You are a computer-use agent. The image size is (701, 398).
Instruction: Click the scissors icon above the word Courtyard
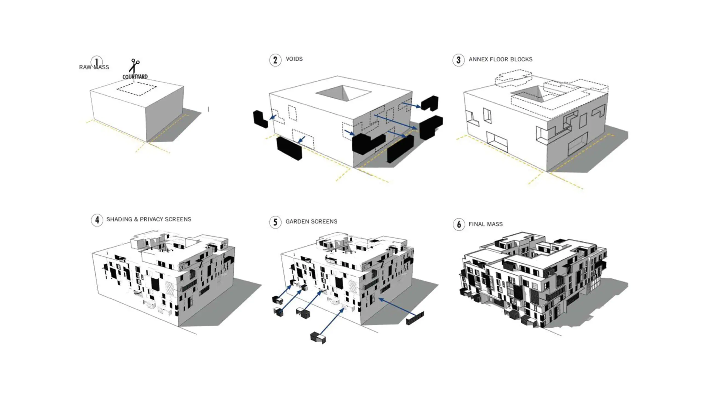pyautogui.click(x=134, y=66)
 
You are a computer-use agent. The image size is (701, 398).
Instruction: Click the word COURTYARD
pyautogui.click(x=135, y=77)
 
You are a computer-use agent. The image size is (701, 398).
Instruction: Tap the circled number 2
pyautogui.click(x=275, y=60)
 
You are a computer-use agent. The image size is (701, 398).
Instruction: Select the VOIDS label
pyautogui.click(x=294, y=59)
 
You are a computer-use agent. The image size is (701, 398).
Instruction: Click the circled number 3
pyautogui.click(x=458, y=60)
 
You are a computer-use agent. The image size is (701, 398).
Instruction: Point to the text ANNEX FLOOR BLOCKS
pyautogui.click(x=500, y=59)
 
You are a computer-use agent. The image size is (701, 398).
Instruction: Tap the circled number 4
pyautogui.click(x=97, y=220)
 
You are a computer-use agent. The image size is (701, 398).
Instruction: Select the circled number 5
pyautogui.click(x=275, y=222)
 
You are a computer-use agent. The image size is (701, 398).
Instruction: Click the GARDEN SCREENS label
pyautogui.click(x=311, y=222)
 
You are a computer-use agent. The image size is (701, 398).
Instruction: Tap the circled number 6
pyautogui.click(x=459, y=225)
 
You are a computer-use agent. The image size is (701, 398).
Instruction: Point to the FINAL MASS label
pyautogui.click(x=485, y=224)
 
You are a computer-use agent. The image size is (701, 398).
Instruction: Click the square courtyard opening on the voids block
pyautogui.click(x=343, y=92)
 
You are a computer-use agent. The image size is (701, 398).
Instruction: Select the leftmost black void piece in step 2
pyautogui.click(x=260, y=119)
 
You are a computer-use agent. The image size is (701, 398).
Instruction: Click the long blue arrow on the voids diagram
pyautogui.click(x=396, y=122)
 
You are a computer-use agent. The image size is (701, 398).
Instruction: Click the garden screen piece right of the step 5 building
pyautogui.click(x=415, y=318)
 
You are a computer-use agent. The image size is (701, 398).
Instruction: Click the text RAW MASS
pyautogui.click(x=94, y=67)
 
